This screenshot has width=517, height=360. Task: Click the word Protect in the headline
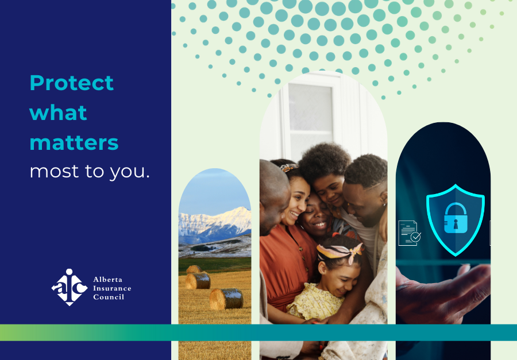72,83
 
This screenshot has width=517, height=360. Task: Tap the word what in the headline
58,113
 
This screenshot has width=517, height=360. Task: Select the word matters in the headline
74,143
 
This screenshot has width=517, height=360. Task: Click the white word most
55,172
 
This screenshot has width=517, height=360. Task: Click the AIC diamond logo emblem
70,287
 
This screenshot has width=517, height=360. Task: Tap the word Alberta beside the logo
107,280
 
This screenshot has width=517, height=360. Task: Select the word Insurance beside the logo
112,288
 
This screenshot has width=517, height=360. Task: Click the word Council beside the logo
109,297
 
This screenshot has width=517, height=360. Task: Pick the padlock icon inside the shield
456,218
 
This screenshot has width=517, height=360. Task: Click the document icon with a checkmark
410,233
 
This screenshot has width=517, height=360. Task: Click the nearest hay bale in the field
226,299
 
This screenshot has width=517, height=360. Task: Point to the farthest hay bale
194,269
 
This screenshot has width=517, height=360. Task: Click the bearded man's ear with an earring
384,199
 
